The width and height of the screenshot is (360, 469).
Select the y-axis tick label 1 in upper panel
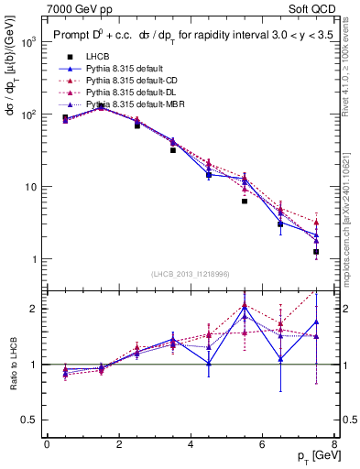35,259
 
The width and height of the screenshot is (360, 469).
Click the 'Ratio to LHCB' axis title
12,365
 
